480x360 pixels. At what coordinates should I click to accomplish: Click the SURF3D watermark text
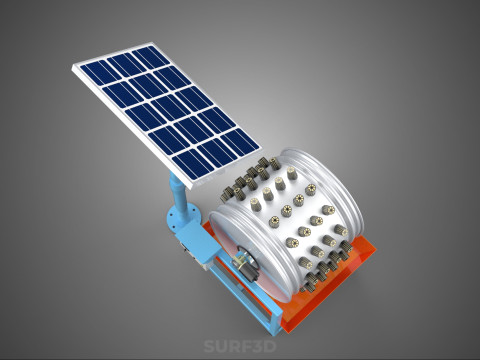pos(240,346)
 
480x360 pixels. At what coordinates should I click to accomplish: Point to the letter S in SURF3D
pos(209,346)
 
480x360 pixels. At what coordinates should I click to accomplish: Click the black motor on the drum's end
pos(247,268)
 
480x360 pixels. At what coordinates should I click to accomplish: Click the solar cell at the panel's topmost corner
pos(151,57)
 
